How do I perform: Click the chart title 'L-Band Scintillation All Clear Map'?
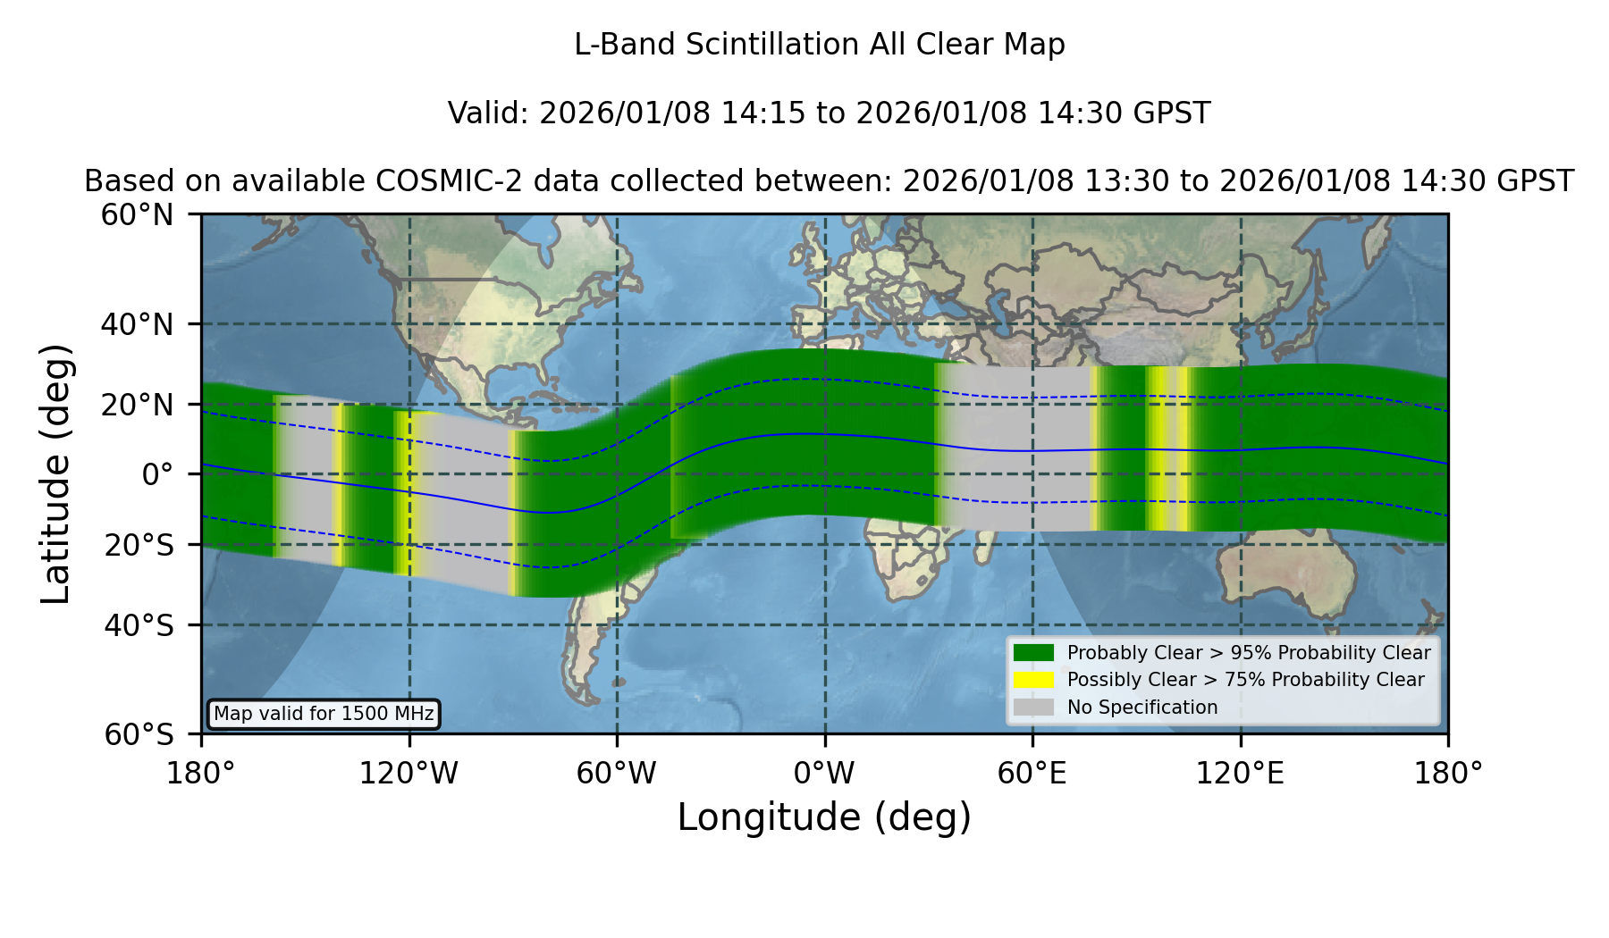point(820,45)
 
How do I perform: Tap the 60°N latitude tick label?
point(137,214)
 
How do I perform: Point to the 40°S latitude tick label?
point(139,625)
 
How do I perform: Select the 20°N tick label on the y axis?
point(137,405)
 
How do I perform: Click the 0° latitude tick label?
point(157,474)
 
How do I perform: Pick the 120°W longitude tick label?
point(409,774)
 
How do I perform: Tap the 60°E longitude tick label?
point(1032,774)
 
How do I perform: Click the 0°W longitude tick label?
point(824,774)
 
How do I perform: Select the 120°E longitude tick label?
point(1240,774)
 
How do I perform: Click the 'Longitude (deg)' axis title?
point(824,817)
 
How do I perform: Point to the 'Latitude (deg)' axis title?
point(56,473)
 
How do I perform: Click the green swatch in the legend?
point(1033,652)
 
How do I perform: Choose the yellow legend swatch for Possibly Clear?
point(1033,680)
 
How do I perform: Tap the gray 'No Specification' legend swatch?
point(1033,708)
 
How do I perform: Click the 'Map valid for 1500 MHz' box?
point(324,714)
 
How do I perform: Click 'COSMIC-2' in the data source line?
point(435,181)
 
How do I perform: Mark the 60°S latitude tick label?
point(139,734)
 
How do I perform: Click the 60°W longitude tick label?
point(616,774)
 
